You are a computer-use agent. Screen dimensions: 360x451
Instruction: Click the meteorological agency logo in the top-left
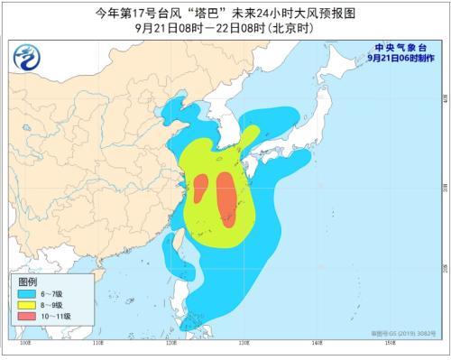pos(28,59)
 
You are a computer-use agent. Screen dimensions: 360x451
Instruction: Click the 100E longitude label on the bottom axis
pos(25,344)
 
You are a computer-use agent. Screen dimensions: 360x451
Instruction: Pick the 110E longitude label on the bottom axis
pos(98,344)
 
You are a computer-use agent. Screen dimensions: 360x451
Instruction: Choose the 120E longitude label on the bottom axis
pos(171,344)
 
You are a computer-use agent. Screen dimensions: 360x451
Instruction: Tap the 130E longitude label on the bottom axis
pos(244,344)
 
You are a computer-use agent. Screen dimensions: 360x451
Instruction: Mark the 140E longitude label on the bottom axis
pos(318,344)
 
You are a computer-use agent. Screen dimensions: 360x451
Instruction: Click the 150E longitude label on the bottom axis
pos(391,344)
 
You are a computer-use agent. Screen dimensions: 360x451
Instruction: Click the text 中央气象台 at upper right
pos(401,46)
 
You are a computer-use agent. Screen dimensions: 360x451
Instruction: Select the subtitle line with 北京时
pos(225,26)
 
